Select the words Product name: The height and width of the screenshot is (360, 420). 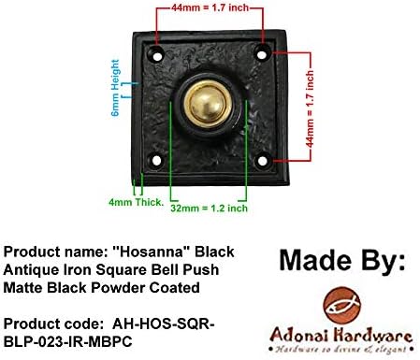pos(48,253)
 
